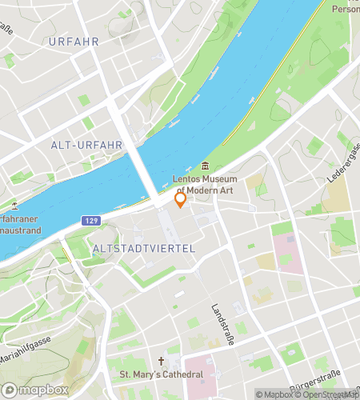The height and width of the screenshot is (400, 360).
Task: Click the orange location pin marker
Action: tap(181, 198)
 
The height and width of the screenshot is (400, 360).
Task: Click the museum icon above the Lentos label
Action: tap(206, 166)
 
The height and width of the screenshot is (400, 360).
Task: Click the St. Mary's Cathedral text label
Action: tap(161, 374)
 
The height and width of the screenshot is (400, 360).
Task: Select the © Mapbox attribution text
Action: tap(274, 394)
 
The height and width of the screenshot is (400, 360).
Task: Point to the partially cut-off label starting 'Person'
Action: tap(346, 10)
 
